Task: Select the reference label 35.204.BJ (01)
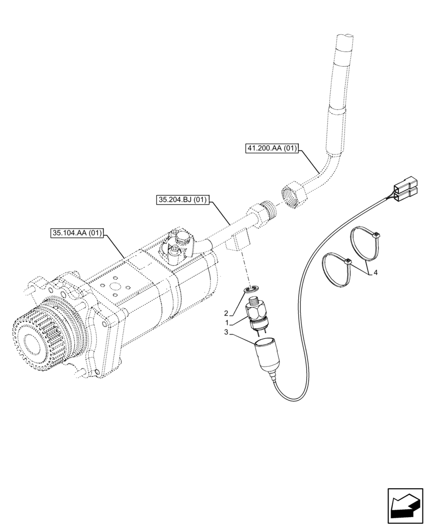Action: coord(183,200)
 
